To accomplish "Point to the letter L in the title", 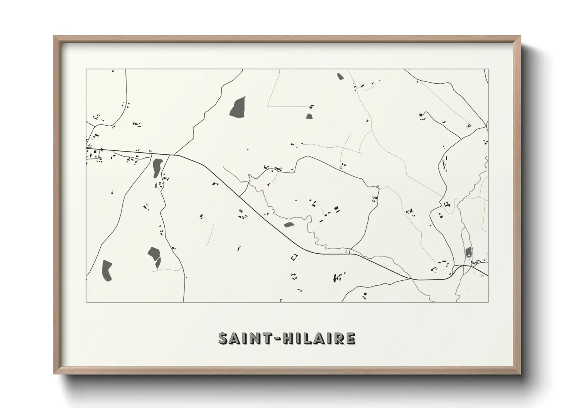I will point(307,338).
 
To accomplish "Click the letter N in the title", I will point(255,338).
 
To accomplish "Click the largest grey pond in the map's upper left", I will point(237,106).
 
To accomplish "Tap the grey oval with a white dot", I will point(468,252).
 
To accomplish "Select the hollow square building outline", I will point(294,256).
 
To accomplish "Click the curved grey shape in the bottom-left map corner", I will point(106,270).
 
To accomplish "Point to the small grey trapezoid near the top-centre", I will point(309,116).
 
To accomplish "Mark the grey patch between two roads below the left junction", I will point(157,167).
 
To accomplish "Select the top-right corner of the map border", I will point(488,69).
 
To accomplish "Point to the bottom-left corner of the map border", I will point(86,302).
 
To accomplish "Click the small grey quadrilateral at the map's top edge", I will point(340,76).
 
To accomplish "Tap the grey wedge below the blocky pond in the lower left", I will point(157,263).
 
